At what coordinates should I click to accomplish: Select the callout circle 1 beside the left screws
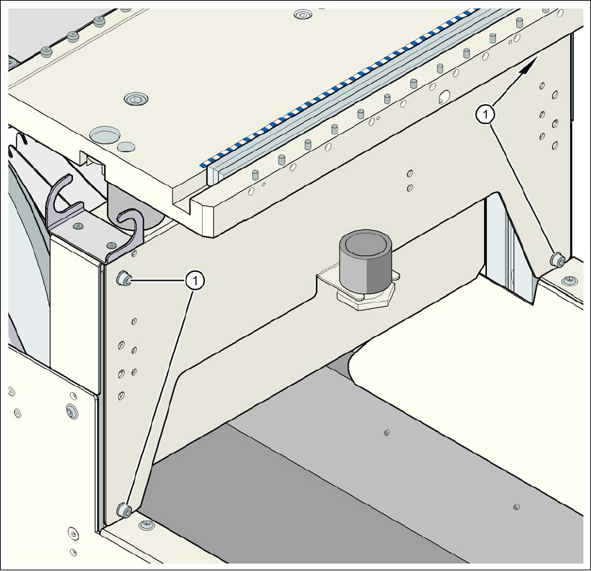point(197,280)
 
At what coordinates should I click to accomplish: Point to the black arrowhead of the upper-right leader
point(531,65)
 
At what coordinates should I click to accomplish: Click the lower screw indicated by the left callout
point(125,511)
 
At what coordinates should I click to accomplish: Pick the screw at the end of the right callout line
point(556,261)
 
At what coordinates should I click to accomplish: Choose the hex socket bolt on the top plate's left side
point(134,99)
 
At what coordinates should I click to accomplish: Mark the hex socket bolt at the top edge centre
point(302,13)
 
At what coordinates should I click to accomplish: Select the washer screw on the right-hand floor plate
point(570,280)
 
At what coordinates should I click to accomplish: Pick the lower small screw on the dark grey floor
point(515,507)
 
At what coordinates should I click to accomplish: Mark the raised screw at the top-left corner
point(47,52)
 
